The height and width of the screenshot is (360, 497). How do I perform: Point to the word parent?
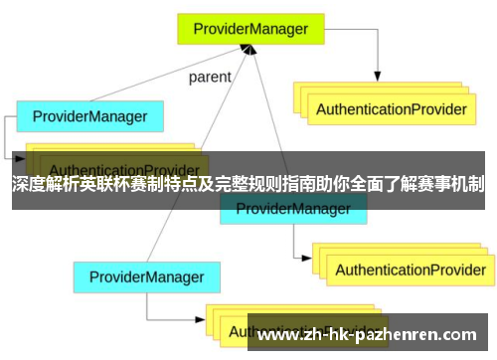(210, 77)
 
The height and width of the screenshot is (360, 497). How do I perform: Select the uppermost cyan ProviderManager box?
(89, 116)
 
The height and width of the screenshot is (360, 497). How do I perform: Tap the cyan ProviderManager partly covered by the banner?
(292, 210)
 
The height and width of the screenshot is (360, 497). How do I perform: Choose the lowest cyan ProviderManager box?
(146, 276)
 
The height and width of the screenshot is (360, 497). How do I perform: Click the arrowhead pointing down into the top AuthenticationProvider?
(378, 77)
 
